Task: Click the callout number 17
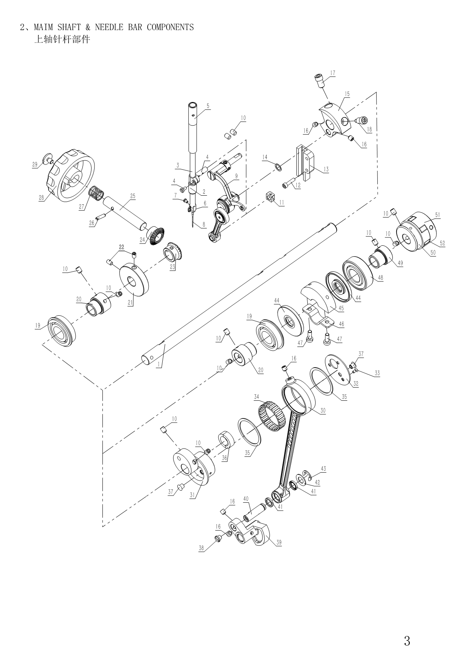[333, 73]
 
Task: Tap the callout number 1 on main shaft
[159, 365]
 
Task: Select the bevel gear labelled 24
[155, 236]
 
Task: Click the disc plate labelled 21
[134, 281]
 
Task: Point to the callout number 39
[279, 542]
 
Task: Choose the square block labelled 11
[270, 196]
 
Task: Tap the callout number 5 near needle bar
[208, 106]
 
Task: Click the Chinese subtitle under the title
[62, 39]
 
